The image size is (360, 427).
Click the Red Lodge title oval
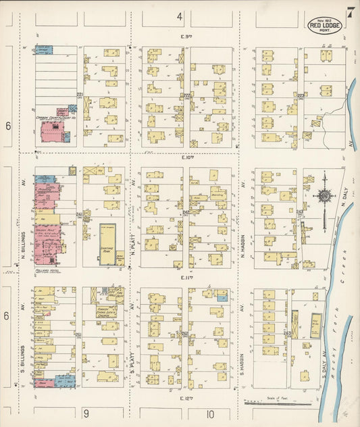click(326, 25)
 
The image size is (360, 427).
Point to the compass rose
click(325, 196)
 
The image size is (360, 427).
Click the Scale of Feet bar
click(277, 403)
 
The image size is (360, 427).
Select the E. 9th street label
click(187, 36)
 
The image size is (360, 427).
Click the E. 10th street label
click(187, 157)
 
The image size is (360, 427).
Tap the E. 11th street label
click(187, 278)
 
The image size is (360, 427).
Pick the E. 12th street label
click(187, 399)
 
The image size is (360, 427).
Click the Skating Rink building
click(107, 244)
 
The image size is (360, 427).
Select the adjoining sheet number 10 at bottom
click(211, 413)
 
